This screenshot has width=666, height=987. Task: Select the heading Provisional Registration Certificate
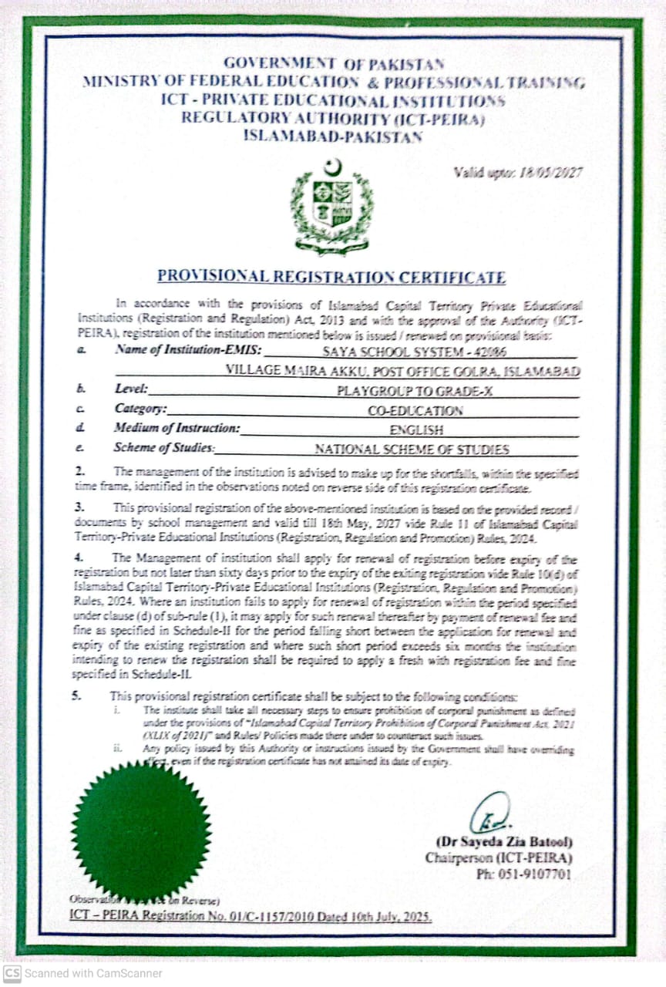pos(331,277)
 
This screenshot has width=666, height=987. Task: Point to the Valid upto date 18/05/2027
pos(518,172)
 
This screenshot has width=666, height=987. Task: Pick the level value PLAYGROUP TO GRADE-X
pos(415,391)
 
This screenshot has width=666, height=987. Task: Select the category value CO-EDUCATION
pos(415,411)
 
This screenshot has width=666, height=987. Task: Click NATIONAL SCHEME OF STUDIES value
pos(412,450)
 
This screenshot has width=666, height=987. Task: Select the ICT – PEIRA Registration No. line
pos(251,917)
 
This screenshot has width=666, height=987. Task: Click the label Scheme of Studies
pos(164,448)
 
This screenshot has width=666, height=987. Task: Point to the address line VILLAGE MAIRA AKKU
pos(402,371)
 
